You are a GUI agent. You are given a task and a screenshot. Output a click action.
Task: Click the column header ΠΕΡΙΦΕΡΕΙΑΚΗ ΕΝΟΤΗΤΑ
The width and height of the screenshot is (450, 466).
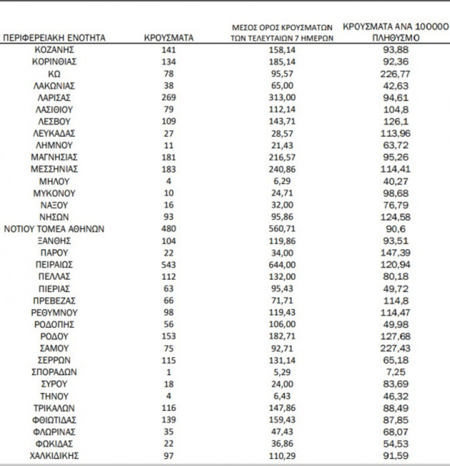point(54,38)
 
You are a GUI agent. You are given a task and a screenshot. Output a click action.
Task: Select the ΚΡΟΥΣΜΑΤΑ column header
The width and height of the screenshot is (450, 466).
point(168,38)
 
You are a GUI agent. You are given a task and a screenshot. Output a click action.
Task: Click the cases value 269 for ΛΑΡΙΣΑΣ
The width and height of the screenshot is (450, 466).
point(168,98)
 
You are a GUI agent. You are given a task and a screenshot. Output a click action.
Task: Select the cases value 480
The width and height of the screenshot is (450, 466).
point(168,228)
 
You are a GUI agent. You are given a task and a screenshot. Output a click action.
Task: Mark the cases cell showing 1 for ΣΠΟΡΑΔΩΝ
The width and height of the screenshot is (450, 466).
point(168,372)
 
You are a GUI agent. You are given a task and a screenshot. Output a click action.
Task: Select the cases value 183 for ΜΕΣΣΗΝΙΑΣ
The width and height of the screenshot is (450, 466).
point(168,169)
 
